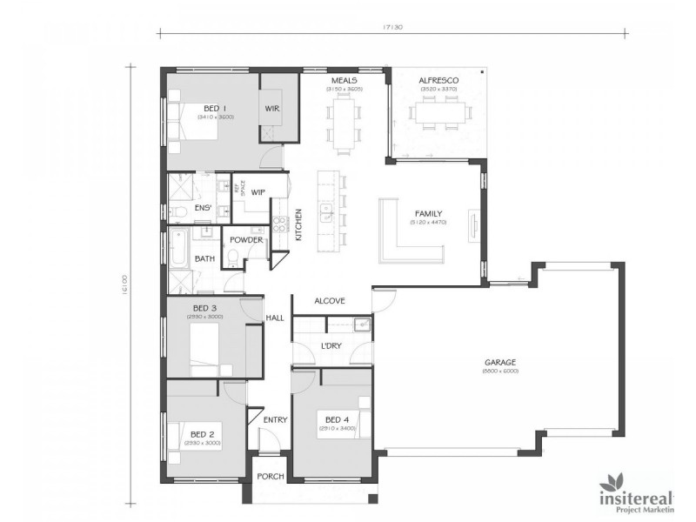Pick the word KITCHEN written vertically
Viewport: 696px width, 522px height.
click(298, 224)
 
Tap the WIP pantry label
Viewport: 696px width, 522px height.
click(258, 192)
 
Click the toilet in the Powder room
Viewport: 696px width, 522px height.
click(233, 257)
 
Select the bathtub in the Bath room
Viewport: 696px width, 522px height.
click(178, 250)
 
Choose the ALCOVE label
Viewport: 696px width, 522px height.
click(330, 301)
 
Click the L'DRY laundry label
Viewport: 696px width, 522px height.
click(331, 347)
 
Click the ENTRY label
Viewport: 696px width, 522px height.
click(275, 420)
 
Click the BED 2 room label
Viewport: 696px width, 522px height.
click(202, 434)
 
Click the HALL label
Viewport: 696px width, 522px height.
click(275, 318)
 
